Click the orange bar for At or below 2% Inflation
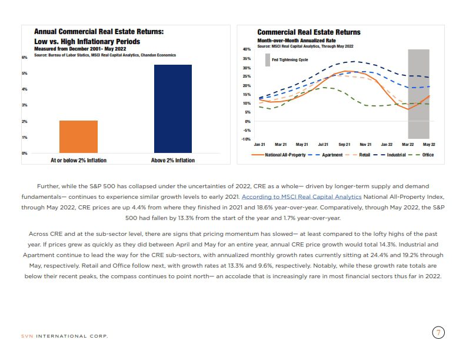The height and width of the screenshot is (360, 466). [78, 136]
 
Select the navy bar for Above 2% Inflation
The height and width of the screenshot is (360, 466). [172, 109]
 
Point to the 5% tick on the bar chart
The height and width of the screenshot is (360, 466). [25, 74]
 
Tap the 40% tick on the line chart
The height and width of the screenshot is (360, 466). [247, 49]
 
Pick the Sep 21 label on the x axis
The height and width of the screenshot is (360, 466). [344, 144]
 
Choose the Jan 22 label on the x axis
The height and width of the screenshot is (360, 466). [387, 144]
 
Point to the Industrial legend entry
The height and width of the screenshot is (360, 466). [397, 155]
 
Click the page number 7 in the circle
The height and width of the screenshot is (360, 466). [438, 332]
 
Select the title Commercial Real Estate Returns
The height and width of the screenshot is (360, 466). [309, 32]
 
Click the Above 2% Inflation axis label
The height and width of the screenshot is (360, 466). [172, 160]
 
